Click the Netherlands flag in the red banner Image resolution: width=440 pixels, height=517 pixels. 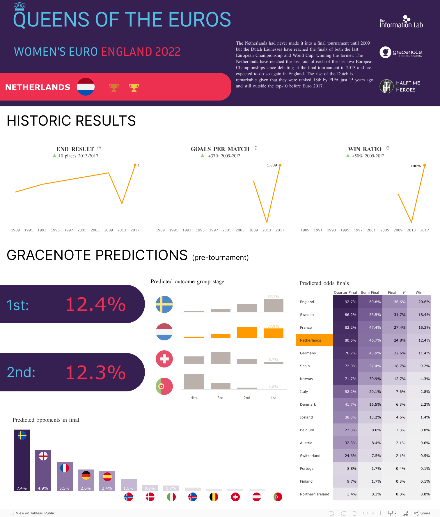pyautogui.click(x=86, y=87)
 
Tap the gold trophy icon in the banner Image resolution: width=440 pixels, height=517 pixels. pyautogui.click(x=134, y=87)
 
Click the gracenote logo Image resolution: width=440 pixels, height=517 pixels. pyautogui.click(x=401, y=52)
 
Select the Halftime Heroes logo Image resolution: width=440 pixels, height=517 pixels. pyautogui.click(x=400, y=86)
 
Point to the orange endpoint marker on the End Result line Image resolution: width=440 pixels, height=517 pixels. pyautogui.click(x=135, y=165)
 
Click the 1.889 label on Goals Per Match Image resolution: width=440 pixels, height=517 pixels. pyautogui.click(x=272, y=165)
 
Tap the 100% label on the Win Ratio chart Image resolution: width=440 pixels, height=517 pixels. pyautogui.click(x=416, y=166)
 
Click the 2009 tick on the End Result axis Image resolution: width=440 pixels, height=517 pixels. pyautogui.click(x=108, y=230)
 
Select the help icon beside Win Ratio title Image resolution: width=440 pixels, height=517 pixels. pyautogui.click(x=388, y=148)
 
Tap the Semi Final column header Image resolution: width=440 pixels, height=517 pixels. pyautogui.click(x=370, y=293)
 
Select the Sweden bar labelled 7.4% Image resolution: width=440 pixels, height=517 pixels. pyautogui.click(x=22, y=460)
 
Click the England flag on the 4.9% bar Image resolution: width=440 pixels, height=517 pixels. pyautogui.click(x=43, y=456)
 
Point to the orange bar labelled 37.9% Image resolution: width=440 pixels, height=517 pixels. pyautogui.click(x=273, y=333)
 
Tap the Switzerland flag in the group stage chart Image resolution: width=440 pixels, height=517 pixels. pyautogui.click(x=164, y=359)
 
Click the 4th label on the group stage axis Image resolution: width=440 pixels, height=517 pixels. pyautogui.click(x=194, y=398)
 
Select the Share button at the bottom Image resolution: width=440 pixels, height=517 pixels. pyautogui.click(x=422, y=513)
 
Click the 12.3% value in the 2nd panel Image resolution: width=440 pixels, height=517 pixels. pyautogui.click(x=95, y=372)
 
